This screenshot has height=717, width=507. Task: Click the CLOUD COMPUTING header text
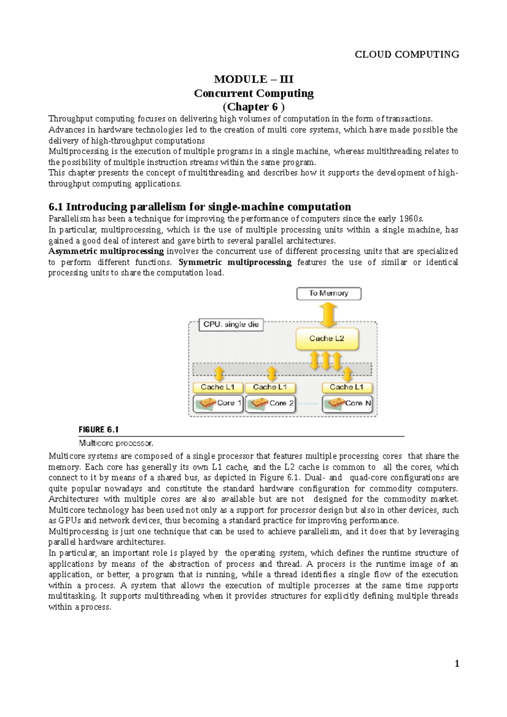406,54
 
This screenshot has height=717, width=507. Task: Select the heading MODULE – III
253,79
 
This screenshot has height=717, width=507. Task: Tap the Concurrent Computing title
253,93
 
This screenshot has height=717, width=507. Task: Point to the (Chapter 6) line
253,107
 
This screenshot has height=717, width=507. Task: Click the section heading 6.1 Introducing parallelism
200,207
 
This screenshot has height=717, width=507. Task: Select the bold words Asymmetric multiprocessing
106,251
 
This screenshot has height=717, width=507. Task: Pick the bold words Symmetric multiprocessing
235,262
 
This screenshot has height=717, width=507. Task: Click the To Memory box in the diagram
329,293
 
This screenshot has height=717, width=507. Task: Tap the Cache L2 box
327,339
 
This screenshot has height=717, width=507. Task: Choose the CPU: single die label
231,325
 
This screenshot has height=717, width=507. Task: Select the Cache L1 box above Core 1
218,387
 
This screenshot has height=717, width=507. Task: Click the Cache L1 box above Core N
346,387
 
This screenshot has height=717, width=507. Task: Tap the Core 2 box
270,404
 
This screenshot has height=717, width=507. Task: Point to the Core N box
347,404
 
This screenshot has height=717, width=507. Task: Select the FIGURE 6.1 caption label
99,430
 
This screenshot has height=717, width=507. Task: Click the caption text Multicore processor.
116,444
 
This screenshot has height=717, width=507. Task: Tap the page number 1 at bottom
457,664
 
